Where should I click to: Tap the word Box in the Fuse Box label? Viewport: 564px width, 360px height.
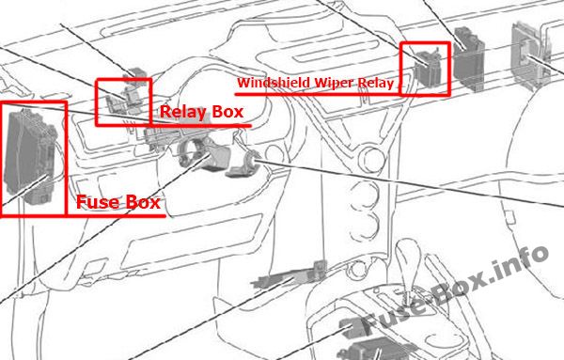point(142,202)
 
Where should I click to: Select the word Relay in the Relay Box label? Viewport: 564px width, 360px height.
point(182,112)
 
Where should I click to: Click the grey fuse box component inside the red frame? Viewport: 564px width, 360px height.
point(31,156)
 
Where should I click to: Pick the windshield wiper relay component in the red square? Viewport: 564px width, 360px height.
point(428,69)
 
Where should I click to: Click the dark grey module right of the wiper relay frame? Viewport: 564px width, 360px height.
point(468,57)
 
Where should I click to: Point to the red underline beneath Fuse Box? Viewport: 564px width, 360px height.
point(116,216)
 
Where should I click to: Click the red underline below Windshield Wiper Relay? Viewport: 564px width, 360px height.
point(318,94)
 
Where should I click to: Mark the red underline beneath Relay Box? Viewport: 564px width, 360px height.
point(200,126)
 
